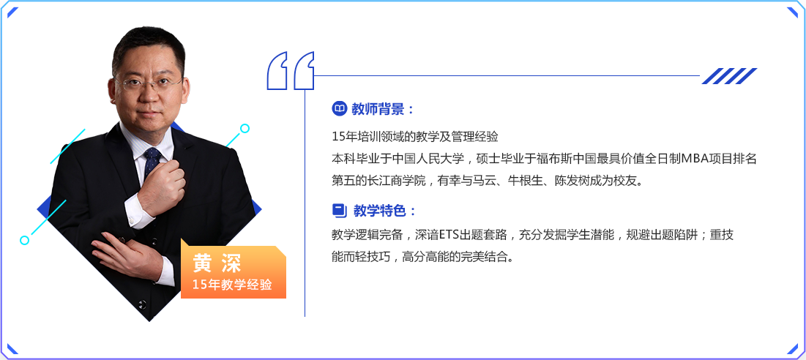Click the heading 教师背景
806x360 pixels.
377,109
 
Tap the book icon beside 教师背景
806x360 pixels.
339,109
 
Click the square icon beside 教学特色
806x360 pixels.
339,210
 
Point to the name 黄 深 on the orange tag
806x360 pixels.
217,263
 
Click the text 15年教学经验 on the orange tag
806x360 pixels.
232,285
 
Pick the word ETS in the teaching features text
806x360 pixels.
447,236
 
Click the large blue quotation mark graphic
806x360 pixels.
291,70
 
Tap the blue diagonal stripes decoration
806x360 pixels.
729,75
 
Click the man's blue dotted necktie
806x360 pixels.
152,162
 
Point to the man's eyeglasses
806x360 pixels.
148,83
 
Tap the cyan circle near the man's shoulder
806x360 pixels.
245,128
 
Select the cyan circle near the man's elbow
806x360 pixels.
24,240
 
